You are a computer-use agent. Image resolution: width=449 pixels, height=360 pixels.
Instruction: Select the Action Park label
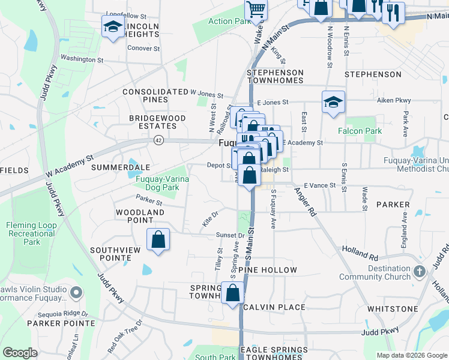point(229,22)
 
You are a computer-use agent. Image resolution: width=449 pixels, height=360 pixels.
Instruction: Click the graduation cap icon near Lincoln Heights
point(112,27)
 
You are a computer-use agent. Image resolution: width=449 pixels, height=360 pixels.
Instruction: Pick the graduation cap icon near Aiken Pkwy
point(333,102)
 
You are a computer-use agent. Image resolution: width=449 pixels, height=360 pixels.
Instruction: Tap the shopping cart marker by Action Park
point(256,10)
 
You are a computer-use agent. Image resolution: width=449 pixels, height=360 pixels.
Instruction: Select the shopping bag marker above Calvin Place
point(233,294)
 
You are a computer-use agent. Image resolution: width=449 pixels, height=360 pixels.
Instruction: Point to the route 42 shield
point(158,140)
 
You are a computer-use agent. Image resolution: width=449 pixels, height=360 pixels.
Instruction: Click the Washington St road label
point(82,59)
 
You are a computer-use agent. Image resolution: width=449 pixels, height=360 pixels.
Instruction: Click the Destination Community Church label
point(375,272)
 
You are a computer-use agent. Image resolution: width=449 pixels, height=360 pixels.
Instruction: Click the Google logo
point(20,353)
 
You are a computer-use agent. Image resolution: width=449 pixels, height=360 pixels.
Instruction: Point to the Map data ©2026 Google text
point(411,355)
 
